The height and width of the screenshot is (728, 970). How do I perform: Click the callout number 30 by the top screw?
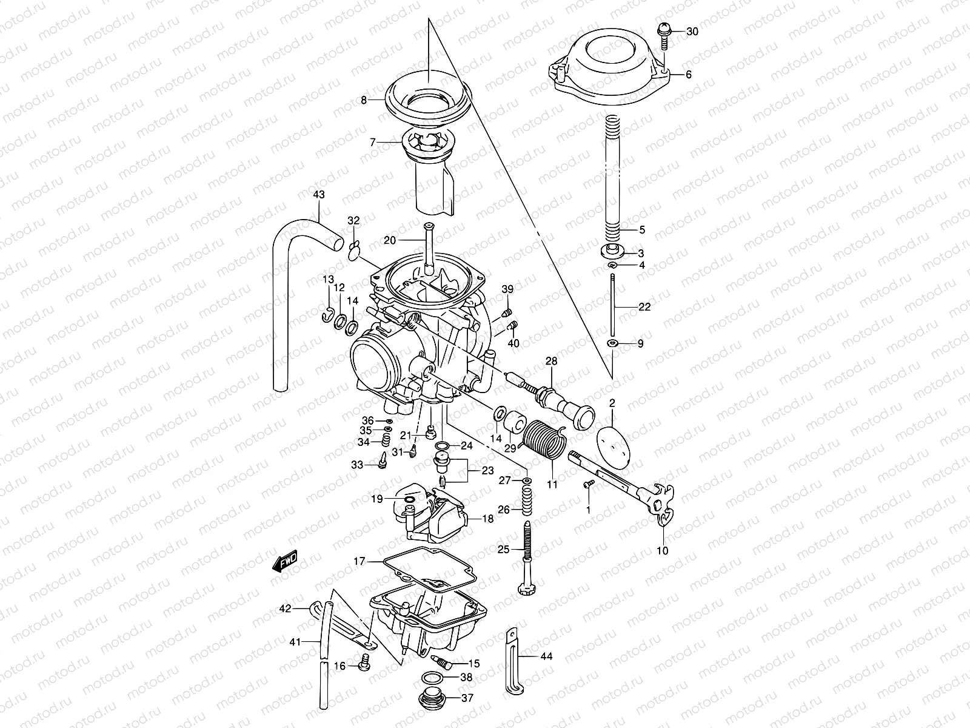[x=692, y=32]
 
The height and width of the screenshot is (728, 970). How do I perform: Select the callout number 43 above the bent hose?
[x=318, y=195]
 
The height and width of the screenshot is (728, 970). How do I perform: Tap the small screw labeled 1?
[x=587, y=484]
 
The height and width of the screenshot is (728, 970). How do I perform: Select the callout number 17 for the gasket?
[x=360, y=562]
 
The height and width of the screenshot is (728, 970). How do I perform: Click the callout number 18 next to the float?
[x=488, y=519]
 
